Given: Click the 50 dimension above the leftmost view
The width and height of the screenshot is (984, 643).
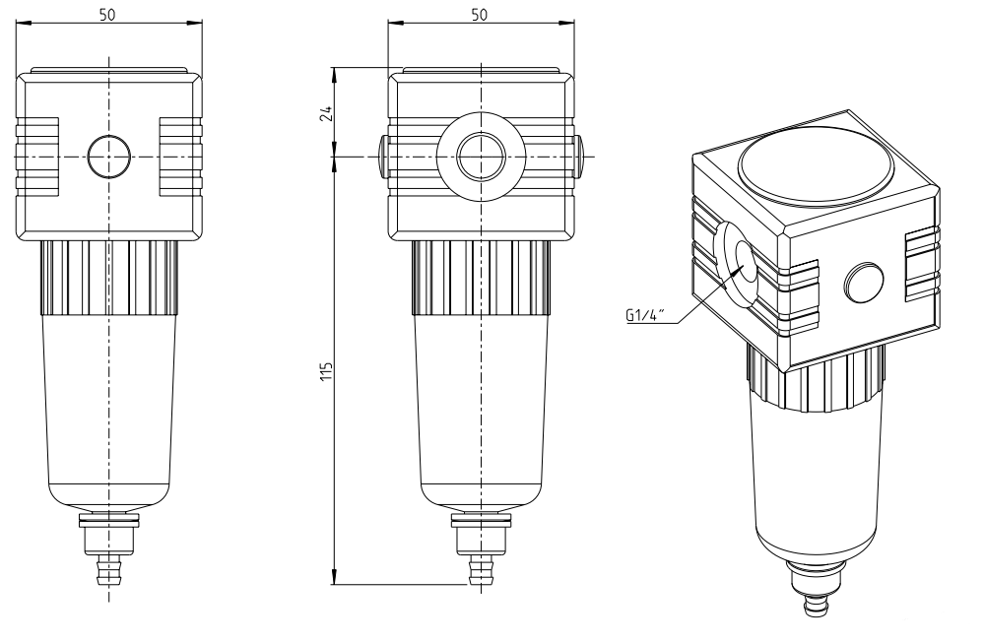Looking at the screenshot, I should (108, 15).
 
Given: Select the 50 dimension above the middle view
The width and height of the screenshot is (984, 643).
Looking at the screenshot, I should (481, 15).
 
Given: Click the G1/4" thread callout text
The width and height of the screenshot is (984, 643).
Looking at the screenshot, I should (645, 317).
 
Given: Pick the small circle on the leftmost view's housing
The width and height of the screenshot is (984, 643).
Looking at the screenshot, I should (108, 157).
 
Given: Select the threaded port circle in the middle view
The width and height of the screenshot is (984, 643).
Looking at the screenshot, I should (481, 157).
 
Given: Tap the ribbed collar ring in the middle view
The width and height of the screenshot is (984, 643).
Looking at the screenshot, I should (481, 276).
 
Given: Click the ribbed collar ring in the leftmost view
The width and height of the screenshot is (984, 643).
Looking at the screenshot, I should (108, 276).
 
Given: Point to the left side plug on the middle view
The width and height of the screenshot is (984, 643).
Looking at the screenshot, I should (383, 157).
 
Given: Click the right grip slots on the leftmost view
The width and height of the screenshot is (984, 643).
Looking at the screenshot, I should (179, 157).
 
